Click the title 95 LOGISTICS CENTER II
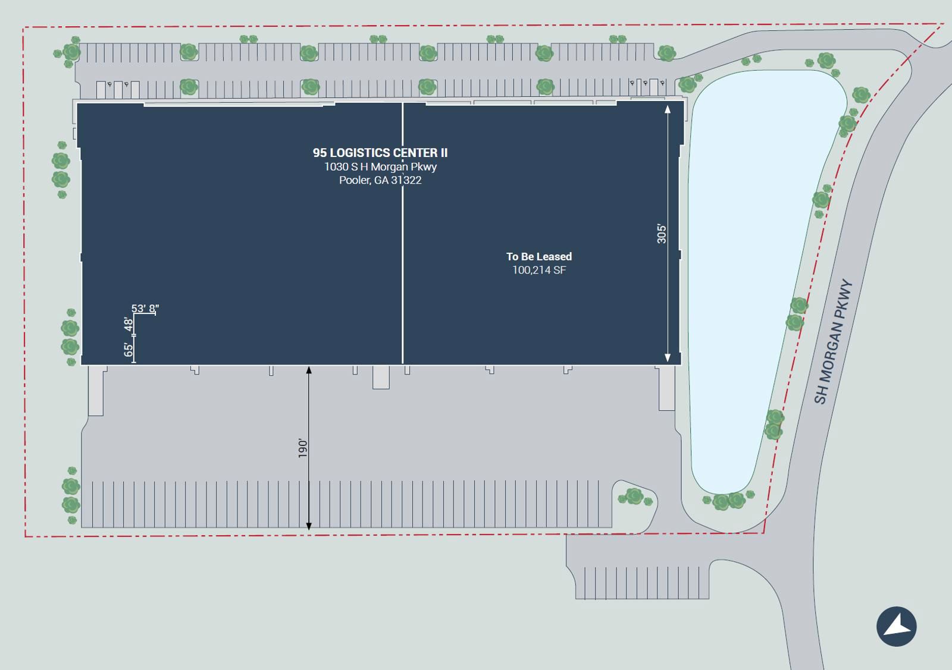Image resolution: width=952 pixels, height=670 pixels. (x=380, y=153)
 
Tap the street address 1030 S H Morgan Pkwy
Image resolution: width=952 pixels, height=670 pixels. (x=380, y=167)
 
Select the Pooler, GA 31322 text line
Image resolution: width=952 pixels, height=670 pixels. (x=380, y=180)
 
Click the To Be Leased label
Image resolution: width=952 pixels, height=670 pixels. (x=539, y=257)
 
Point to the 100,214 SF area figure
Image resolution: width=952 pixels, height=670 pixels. (x=539, y=270)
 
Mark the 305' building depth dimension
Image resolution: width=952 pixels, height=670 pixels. (x=662, y=234)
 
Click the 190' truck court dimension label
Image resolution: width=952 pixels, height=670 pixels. (x=303, y=448)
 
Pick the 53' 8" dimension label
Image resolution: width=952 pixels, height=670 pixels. (x=145, y=309)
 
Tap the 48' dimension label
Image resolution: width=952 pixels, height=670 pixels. (x=129, y=324)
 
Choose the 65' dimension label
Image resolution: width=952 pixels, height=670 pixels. (x=129, y=350)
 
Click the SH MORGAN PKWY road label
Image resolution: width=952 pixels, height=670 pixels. (x=833, y=342)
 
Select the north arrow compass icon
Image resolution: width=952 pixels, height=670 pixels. (x=896, y=627)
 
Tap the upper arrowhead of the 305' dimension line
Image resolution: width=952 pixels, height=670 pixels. (x=668, y=109)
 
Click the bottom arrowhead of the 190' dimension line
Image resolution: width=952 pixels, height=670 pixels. (x=309, y=526)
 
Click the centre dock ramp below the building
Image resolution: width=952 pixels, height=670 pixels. (x=381, y=378)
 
